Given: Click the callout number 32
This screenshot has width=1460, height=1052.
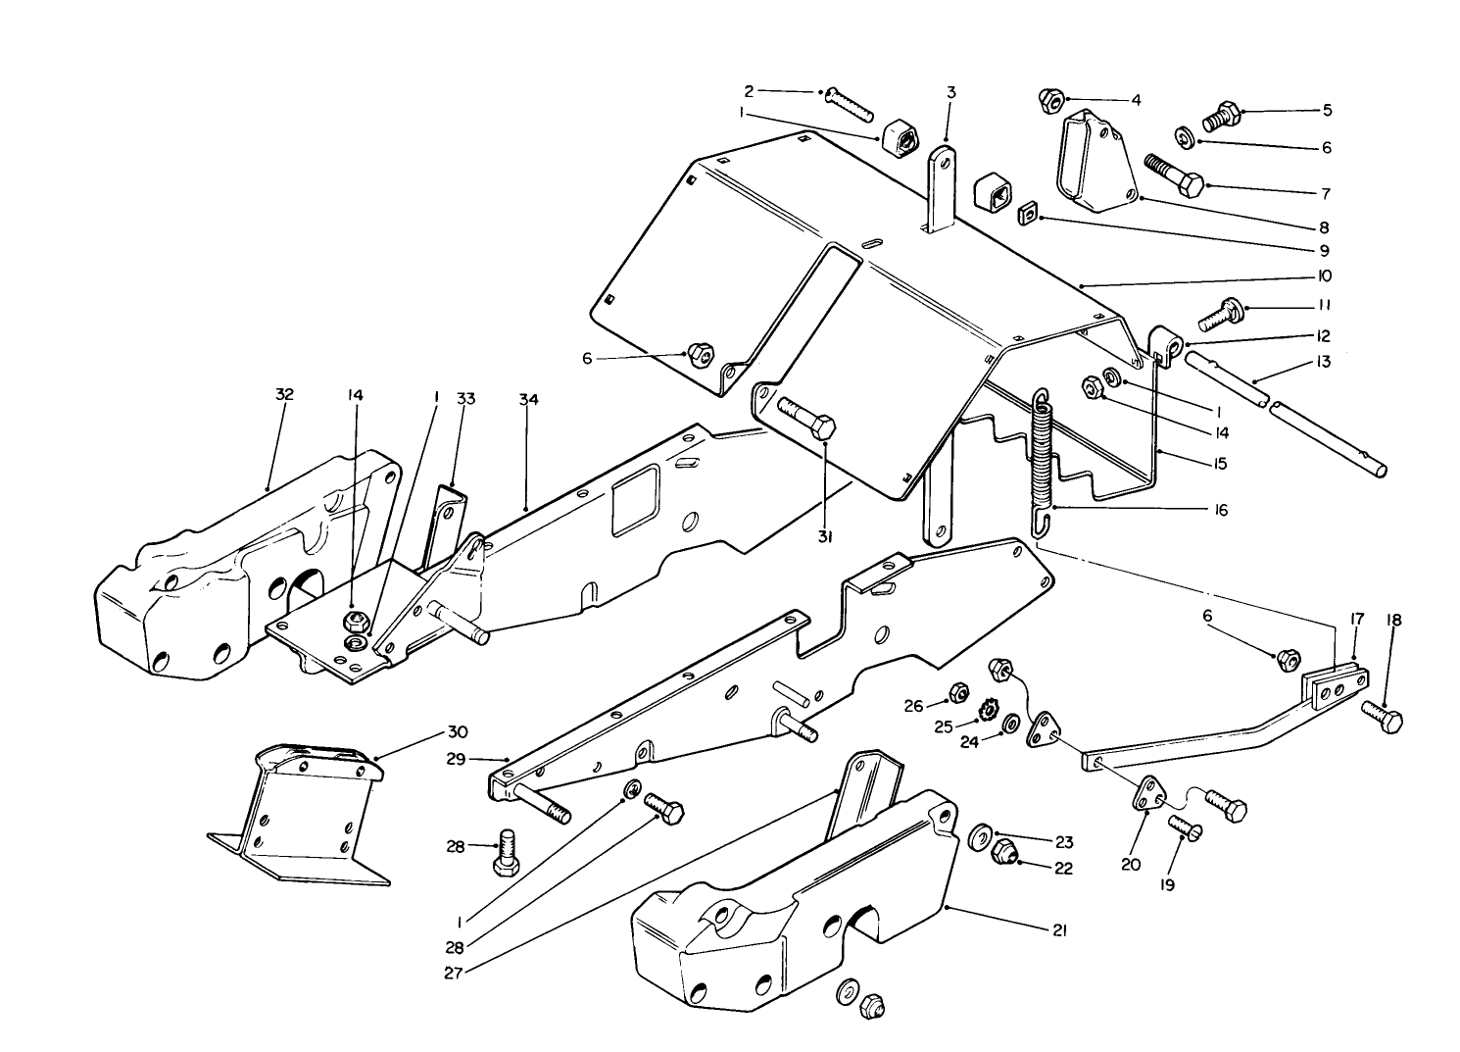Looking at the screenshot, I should coord(284,394).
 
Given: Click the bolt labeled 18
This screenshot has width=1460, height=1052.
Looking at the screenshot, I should coord(1381,715).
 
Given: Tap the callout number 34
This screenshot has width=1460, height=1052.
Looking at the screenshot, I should coord(528,400).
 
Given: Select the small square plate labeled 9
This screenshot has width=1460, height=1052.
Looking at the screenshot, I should coord(1028,212).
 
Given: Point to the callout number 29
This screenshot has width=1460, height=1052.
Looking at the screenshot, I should coord(456,759).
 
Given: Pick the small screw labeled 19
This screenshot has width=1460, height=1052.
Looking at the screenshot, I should coord(1184,833).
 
